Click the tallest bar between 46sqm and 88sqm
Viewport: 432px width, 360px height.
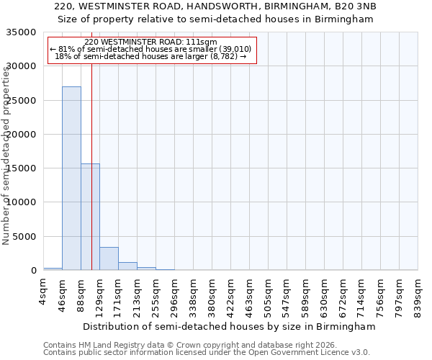[71, 178]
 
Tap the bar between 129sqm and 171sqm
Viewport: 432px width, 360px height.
[109, 258]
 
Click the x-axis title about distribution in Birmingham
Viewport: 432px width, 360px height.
[229, 327]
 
